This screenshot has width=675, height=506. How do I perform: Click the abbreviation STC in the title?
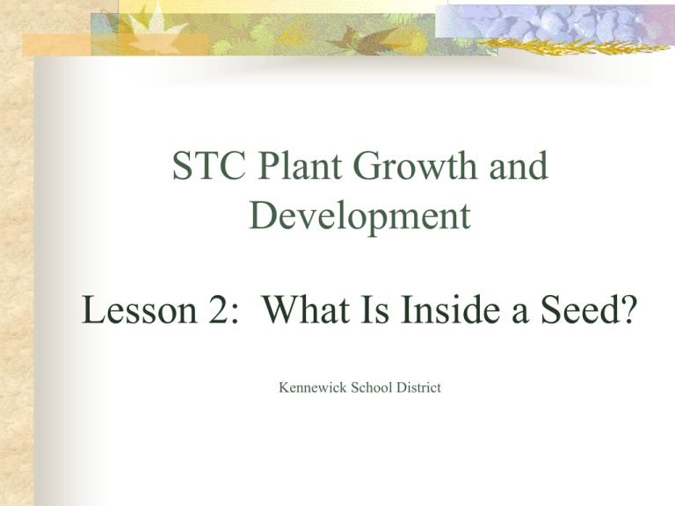point(209,166)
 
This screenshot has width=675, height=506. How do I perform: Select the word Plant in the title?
point(300,165)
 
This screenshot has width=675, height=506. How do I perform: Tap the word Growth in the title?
point(416,165)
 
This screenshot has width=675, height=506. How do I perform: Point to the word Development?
point(359,217)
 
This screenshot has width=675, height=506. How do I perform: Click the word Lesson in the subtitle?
point(139,309)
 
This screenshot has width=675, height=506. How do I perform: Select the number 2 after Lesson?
point(219,309)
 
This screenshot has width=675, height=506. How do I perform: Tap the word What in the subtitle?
point(306,309)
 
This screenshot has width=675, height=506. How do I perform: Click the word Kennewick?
point(313,387)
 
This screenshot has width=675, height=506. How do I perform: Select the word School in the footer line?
point(372,387)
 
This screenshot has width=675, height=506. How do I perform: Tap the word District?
point(418,387)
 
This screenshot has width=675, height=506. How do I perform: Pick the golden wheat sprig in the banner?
point(572,46)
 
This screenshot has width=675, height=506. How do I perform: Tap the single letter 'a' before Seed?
point(520,314)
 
